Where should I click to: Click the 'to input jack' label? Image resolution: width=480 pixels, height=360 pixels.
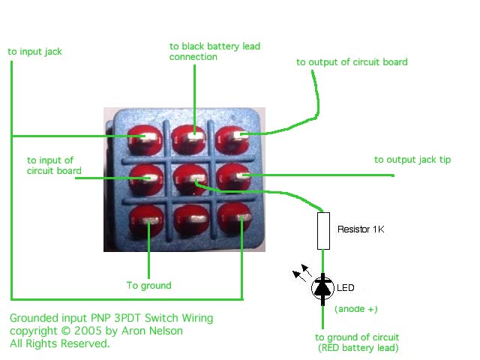pos(35,52)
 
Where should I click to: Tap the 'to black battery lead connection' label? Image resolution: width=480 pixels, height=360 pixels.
pos(214,51)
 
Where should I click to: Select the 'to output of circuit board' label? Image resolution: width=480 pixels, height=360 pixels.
pos(352,61)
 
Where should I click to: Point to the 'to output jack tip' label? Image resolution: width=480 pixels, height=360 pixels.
pos(412,160)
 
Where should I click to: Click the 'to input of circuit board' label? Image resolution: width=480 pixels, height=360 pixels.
pos(54,165)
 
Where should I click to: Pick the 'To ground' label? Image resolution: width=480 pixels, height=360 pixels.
pos(149,285)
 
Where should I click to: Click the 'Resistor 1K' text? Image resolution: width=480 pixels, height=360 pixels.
pos(361,229)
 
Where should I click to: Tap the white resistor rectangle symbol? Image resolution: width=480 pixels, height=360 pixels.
pos(323,231)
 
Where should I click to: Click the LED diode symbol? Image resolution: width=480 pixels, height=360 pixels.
pos(322,288)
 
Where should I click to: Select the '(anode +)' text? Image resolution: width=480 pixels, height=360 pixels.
pos(356,309)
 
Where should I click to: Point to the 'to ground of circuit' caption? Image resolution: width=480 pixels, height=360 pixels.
pos(357,337)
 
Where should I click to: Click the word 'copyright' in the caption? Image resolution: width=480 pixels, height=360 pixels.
pos(34,331)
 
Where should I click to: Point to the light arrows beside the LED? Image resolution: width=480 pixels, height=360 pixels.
pos(302,272)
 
